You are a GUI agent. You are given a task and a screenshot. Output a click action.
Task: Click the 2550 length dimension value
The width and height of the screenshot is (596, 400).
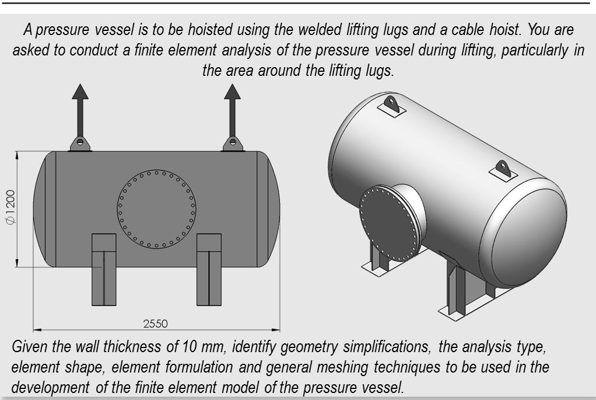click(156, 323)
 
